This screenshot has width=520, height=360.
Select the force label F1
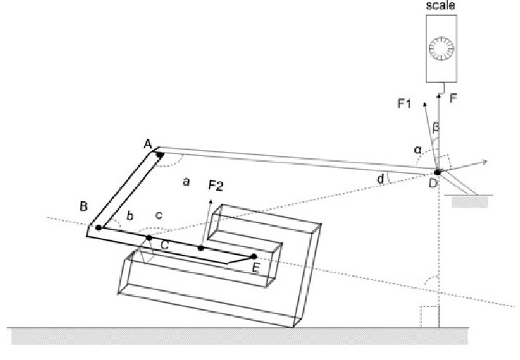tap(405, 103)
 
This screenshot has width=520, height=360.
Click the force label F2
tap(216, 184)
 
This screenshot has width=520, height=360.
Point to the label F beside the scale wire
tap(453, 98)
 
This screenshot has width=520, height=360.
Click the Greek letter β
tap(436, 127)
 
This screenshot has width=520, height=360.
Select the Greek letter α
tap(417, 149)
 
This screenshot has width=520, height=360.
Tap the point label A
tap(147, 144)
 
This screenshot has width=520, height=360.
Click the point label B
tap(84, 207)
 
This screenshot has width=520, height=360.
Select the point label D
tap(433, 183)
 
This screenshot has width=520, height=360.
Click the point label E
tap(256, 267)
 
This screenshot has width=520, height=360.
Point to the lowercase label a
tap(186, 181)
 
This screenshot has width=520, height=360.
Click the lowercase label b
tap(130, 215)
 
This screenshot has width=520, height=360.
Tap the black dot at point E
tap(253, 257)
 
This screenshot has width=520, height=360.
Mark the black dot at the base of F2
tap(200, 249)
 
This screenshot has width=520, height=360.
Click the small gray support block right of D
tap(465, 201)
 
